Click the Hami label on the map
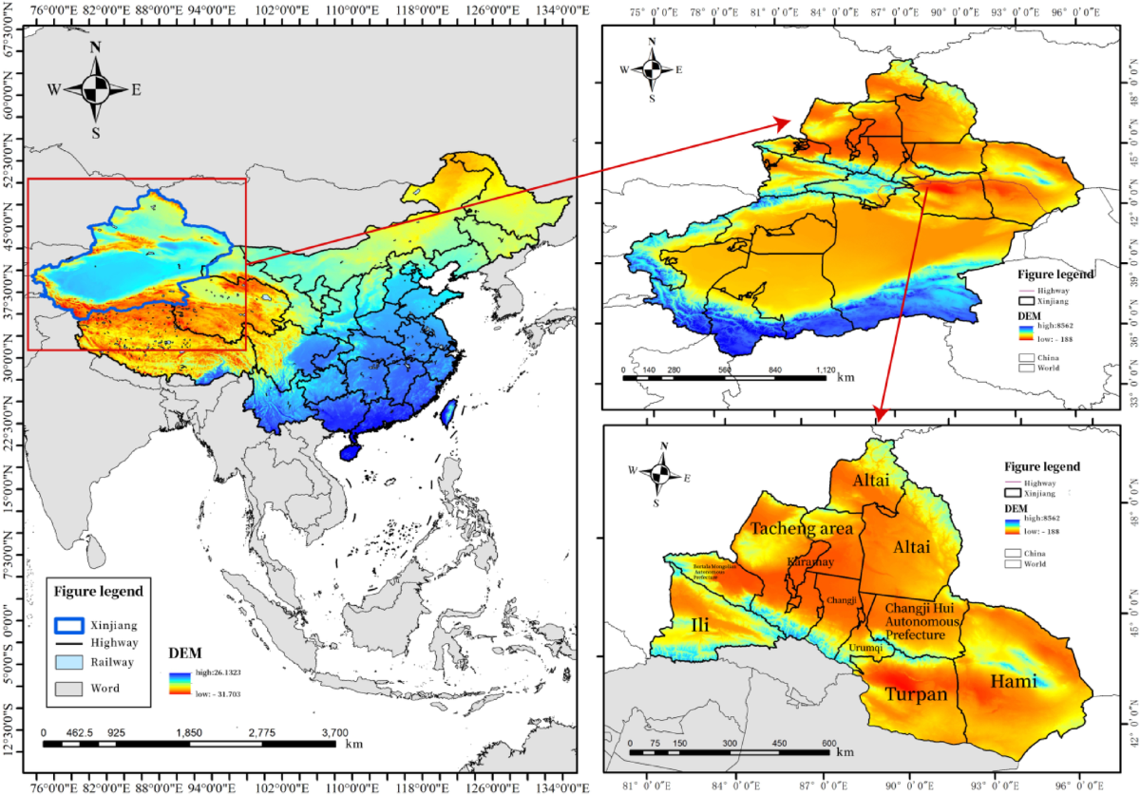click(1013, 680)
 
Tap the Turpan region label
click(917, 694)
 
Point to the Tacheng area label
click(802, 528)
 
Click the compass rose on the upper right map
click(652, 69)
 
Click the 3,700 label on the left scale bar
click(334, 733)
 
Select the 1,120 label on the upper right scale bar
click(825, 370)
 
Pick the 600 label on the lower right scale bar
click(829, 744)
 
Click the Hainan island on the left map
click(351, 453)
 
